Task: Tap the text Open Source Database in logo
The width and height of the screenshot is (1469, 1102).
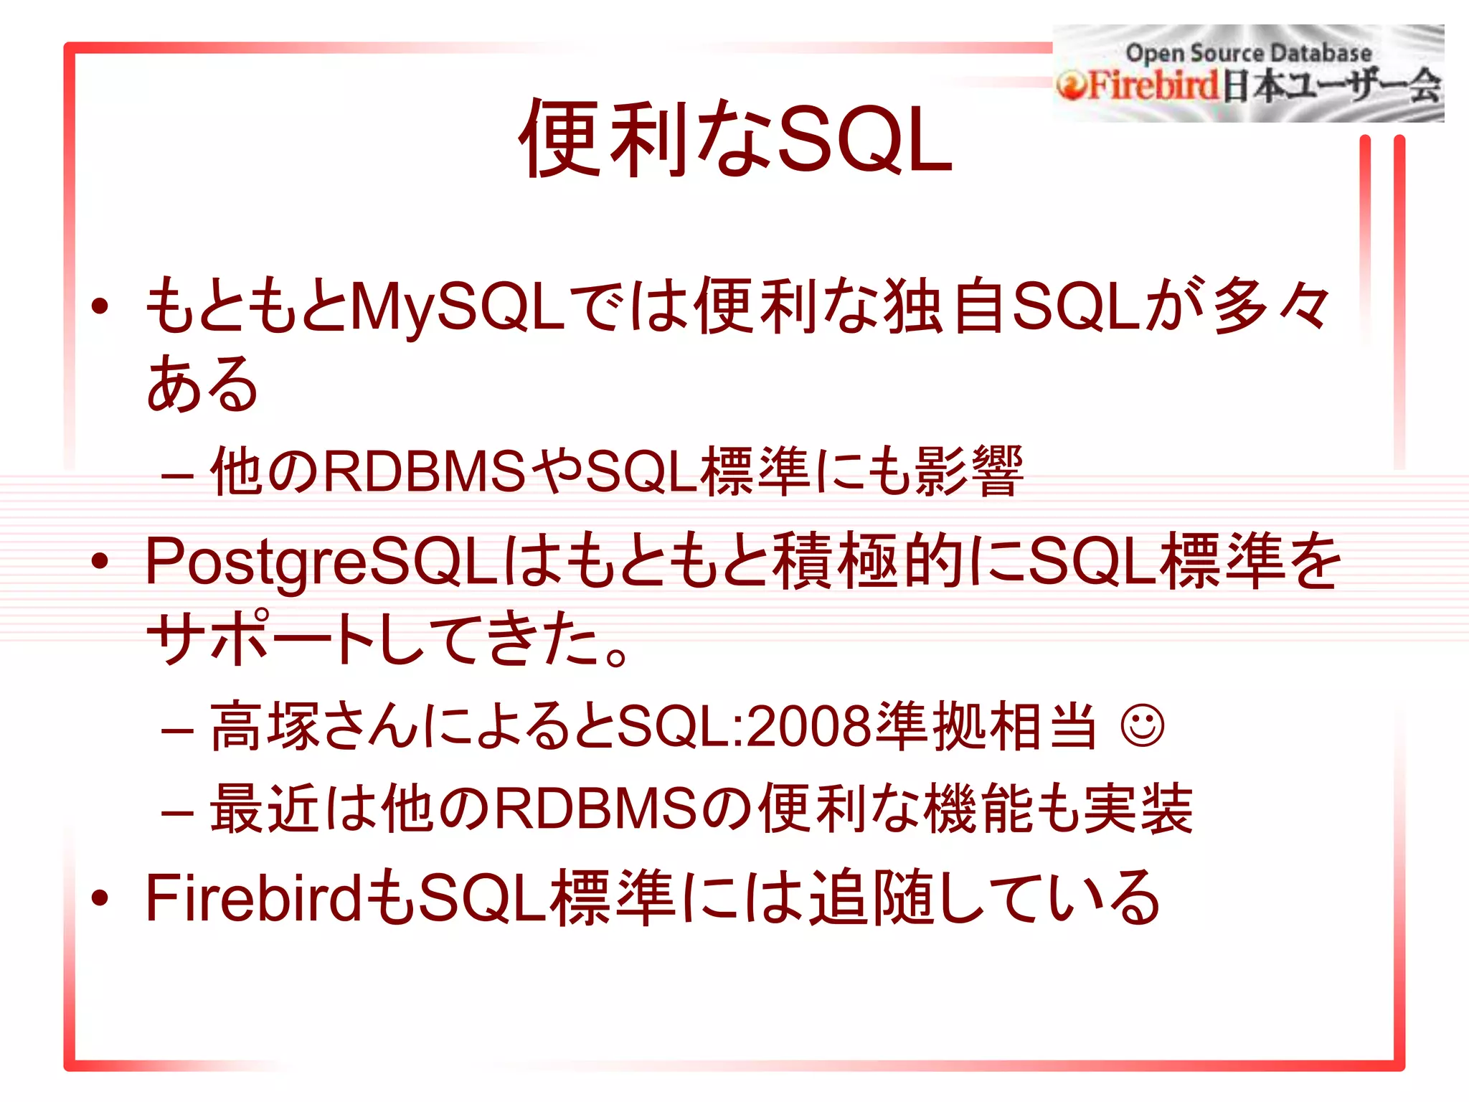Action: (x=1248, y=52)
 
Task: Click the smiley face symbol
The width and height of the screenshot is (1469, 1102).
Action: (x=1142, y=726)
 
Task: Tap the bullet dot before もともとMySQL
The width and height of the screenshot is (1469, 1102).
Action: (x=100, y=306)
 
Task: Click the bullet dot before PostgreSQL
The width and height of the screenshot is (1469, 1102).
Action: (x=100, y=561)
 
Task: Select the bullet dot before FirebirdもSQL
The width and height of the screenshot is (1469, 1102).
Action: (x=100, y=897)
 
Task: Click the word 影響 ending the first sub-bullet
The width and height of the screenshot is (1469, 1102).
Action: (x=968, y=471)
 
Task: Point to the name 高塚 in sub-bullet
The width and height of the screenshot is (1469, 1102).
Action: (x=265, y=726)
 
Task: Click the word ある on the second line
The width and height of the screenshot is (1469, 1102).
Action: (x=202, y=385)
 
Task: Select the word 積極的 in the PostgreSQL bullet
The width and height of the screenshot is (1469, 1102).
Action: (x=867, y=562)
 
